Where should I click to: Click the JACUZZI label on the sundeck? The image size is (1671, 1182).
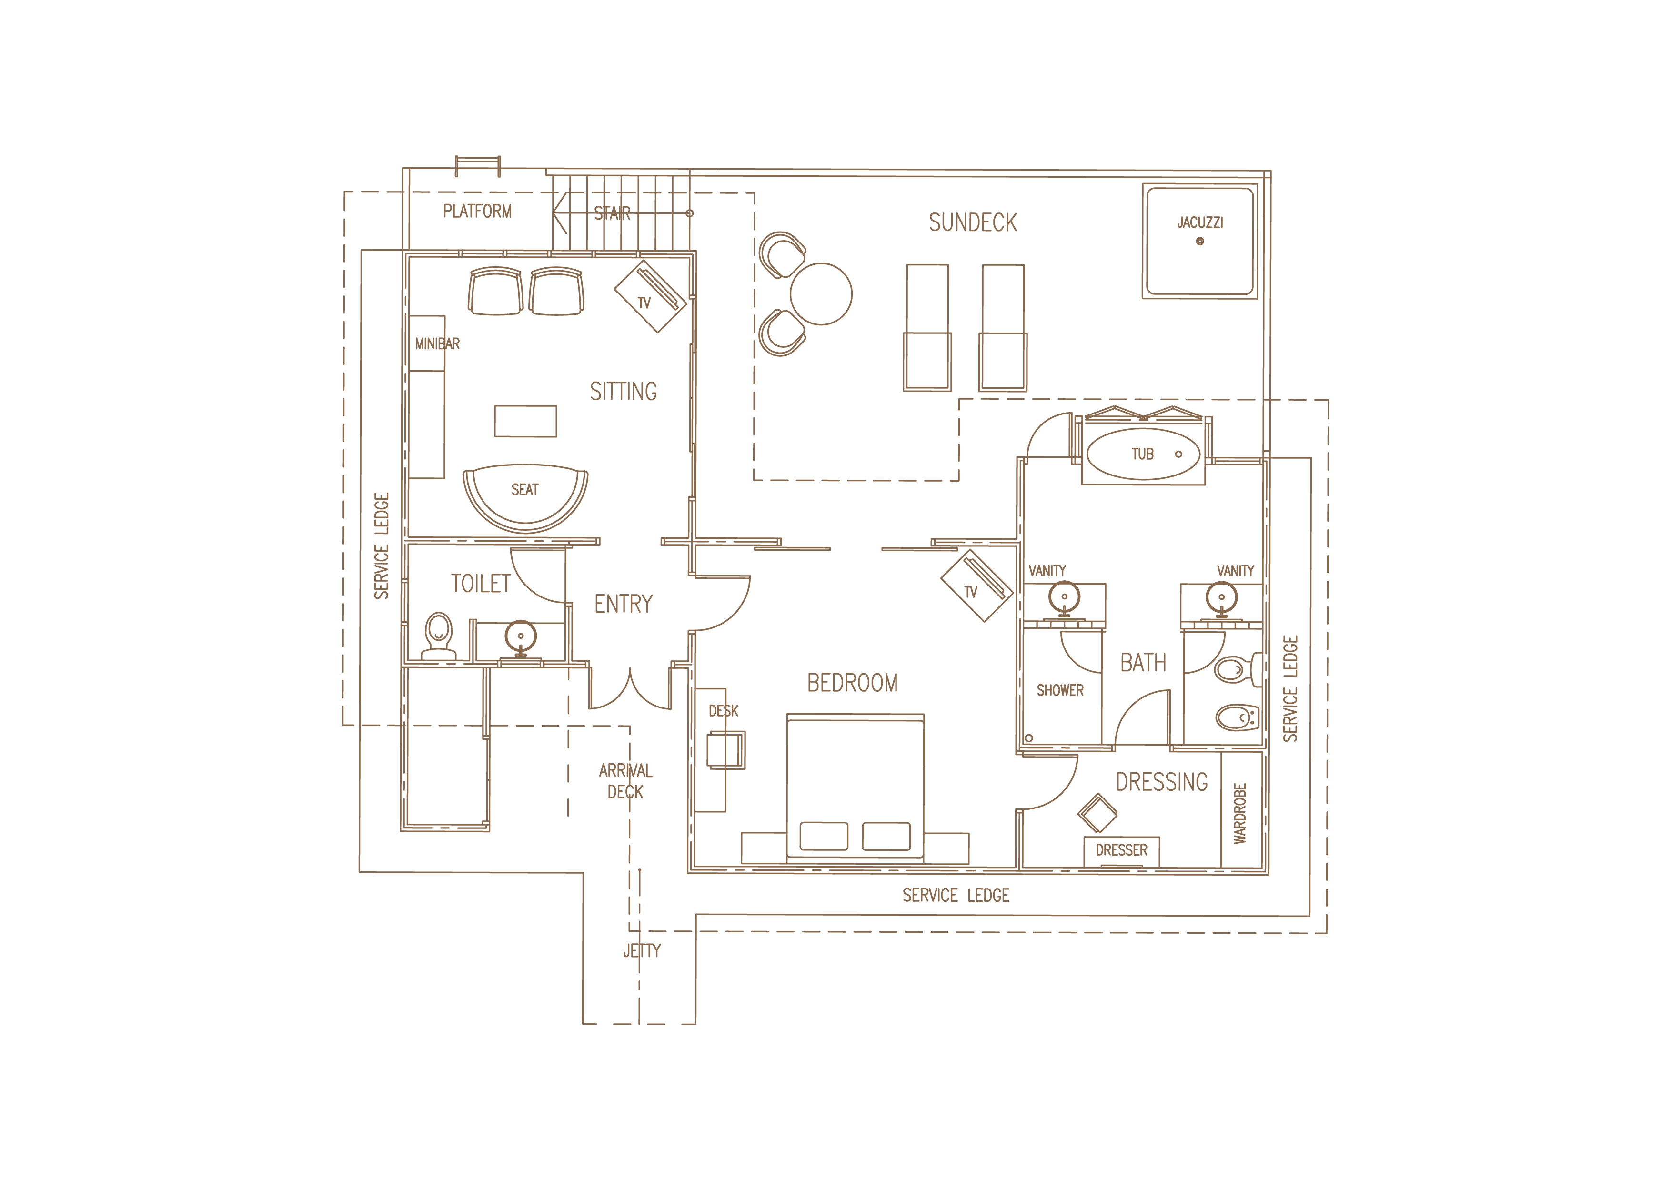(x=1200, y=222)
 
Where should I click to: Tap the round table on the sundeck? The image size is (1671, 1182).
(x=821, y=294)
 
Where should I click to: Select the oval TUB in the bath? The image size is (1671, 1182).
(x=1143, y=454)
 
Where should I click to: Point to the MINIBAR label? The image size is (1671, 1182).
(x=437, y=343)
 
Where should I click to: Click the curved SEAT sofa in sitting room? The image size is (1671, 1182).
(x=525, y=498)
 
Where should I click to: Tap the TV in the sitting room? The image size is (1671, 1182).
(x=650, y=296)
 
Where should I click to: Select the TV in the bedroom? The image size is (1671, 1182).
(x=976, y=586)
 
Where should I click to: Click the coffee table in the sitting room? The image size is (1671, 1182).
(x=525, y=421)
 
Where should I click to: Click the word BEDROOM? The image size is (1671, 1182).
(x=852, y=683)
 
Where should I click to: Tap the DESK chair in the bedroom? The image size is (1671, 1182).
(x=726, y=750)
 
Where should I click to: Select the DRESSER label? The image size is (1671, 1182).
(x=1121, y=850)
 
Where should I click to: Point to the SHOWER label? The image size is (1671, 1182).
(x=1060, y=690)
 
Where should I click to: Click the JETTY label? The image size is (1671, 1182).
(x=642, y=950)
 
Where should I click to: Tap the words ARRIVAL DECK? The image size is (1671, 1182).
(x=626, y=781)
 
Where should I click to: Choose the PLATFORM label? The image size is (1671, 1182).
(x=477, y=211)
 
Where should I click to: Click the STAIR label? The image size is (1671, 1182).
(x=612, y=213)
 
